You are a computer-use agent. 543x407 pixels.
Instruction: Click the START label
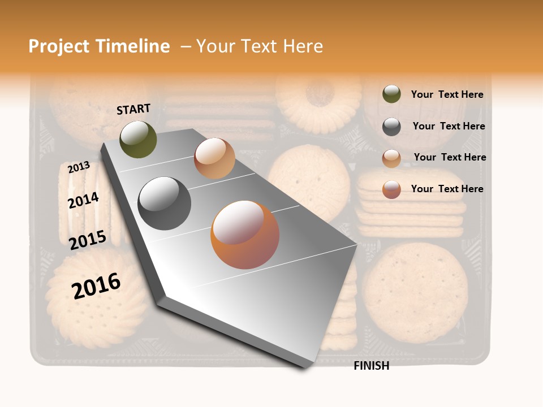[133, 109]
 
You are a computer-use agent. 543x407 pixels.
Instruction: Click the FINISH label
[371, 366]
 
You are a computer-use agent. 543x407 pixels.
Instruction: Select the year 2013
[79, 167]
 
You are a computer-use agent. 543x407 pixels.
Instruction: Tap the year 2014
[83, 201]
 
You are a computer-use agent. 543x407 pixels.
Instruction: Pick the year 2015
[87, 240]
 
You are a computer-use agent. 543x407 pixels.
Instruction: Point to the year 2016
[96, 285]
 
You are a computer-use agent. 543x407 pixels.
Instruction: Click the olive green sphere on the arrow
[138, 139]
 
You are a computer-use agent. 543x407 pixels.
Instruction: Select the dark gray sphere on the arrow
[165, 203]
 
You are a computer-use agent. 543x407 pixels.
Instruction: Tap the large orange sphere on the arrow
[244, 235]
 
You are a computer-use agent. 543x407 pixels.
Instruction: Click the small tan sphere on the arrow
[214, 158]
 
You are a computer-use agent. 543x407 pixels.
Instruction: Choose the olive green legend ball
[391, 94]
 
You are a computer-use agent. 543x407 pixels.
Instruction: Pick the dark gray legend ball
[391, 127]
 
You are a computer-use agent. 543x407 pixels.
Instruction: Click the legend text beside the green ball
[447, 95]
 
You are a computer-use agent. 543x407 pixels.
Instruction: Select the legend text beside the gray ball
[449, 126]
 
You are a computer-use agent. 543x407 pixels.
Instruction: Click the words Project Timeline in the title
[99, 46]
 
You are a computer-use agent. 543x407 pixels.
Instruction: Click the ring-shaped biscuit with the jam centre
[320, 96]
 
